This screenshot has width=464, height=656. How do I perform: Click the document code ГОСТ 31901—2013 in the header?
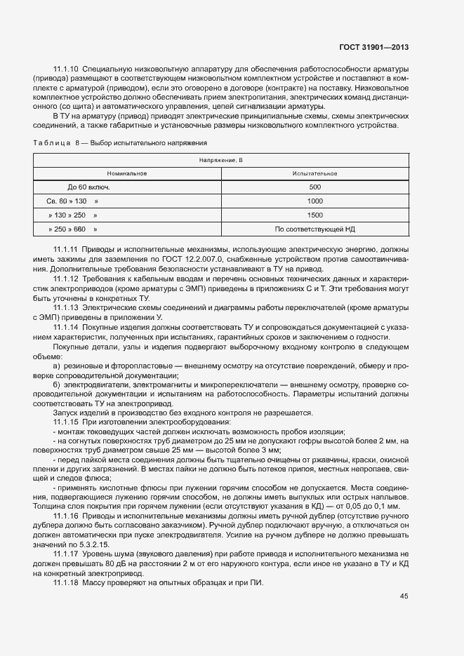tap(372, 48)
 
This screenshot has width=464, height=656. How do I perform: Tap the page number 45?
tap(404, 596)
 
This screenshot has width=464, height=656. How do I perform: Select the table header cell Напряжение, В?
tap(220, 161)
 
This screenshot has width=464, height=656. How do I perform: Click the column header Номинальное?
tap(127, 173)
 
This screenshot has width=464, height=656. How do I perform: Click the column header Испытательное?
tap(314, 173)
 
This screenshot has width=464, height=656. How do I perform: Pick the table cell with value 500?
tap(314, 187)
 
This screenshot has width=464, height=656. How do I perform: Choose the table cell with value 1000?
tap(314, 201)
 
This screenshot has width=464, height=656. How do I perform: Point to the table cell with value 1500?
tap(314, 215)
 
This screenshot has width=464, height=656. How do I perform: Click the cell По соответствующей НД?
tap(314, 229)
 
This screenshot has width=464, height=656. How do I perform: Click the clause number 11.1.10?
tap(65, 70)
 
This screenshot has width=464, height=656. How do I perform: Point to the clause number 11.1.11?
tap(65, 250)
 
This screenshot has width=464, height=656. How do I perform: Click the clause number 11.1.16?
tap(65, 516)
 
